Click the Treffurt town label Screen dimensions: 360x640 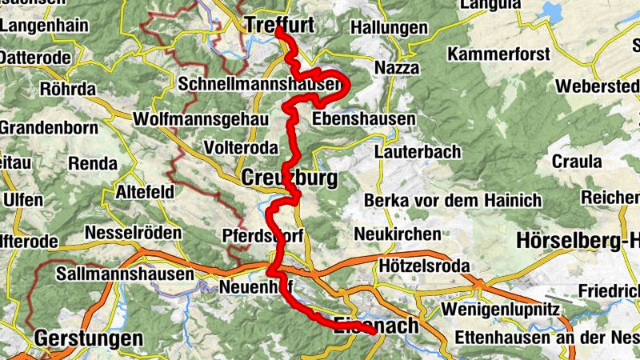pyautogui.click(x=279, y=25)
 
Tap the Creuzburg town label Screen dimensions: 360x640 pyautogui.click(x=288, y=177)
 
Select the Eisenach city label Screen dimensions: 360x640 pyautogui.click(x=375, y=326)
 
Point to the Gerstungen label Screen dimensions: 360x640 pyautogui.click(x=88, y=339)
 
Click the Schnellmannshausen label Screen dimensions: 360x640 pyautogui.click(x=262, y=83)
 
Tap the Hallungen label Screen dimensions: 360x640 pyautogui.click(x=390, y=28)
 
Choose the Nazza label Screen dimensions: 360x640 pyautogui.click(x=397, y=68)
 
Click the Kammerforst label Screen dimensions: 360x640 pyautogui.click(x=499, y=55)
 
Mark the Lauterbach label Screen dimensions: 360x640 pyautogui.click(x=417, y=151)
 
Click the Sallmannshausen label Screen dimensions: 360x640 pyautogui.click(x=126, y=274)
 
